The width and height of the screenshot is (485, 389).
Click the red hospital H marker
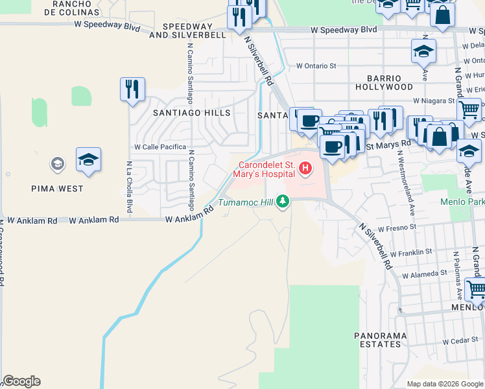tap(305, 170)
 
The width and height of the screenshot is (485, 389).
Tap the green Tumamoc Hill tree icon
tap(282, 202)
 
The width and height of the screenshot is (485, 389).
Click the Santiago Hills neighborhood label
tap(191, 113)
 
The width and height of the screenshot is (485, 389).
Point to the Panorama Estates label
tap(381, 340)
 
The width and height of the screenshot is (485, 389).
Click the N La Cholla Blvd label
tap(130, 187)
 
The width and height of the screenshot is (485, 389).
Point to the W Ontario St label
tap(316, 65)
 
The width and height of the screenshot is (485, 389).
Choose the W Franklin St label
tap(407, 252)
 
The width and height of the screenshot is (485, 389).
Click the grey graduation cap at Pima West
tap(58, 163)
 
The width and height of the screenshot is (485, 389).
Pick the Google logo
tap(21, 381)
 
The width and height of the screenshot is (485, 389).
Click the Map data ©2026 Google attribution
tap(444, 384)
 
